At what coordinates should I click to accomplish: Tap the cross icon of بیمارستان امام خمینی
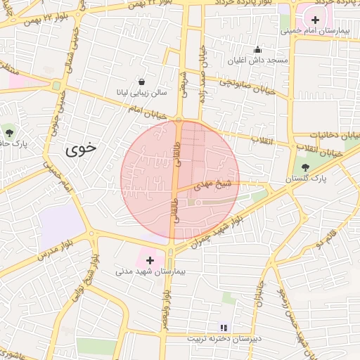pyautogui.click(x=316, y=20)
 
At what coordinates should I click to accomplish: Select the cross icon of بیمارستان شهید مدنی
pyautogui.click(x=149, y=260)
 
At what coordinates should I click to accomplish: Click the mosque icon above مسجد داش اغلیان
pyautogui.click(x=257, y=50)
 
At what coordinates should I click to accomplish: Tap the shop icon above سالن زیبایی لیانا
pyautogui.click(x=143, y=82)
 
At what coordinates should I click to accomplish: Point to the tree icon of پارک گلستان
pyautogui.click(x=305, y=167)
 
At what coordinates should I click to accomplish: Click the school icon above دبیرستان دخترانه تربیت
pyautogui.click(x=224, y=327)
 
